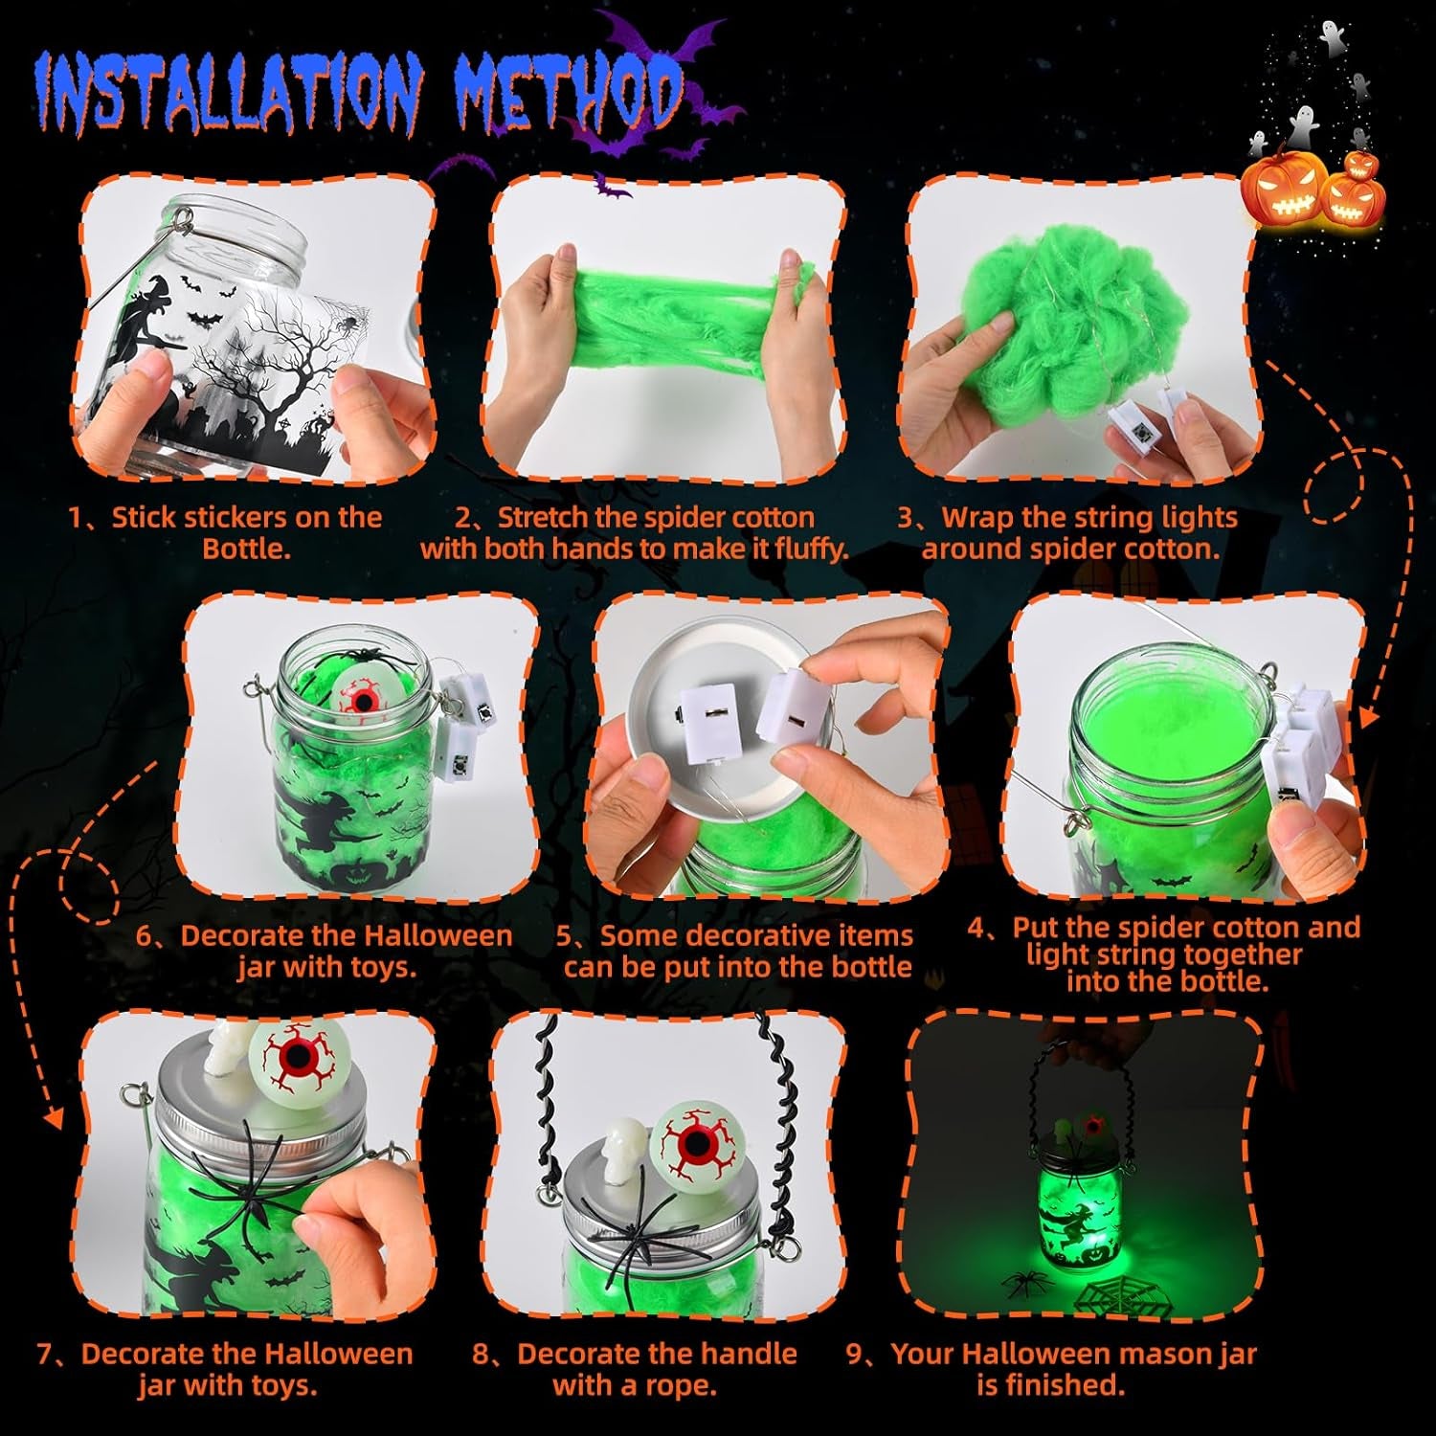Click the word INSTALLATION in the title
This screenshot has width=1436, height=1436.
click(x=228, y=95)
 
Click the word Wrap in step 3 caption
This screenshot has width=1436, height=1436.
click(x=976, y=518)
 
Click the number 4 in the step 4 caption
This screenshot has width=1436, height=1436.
click(x=976, y=928)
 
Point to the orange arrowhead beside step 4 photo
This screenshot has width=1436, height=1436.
click(x=1370, y=714)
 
